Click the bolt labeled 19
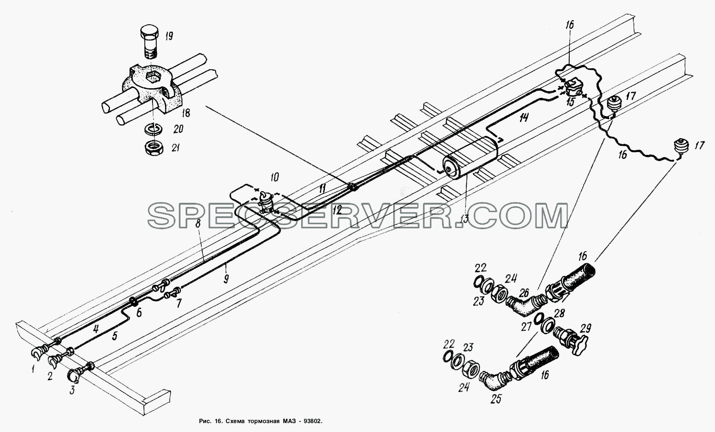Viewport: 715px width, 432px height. coord(151,42)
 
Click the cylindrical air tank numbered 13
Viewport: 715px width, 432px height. coord(470,158)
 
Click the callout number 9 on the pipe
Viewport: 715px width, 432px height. coord(226,279)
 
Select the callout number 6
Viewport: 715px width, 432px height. coord(139,313)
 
